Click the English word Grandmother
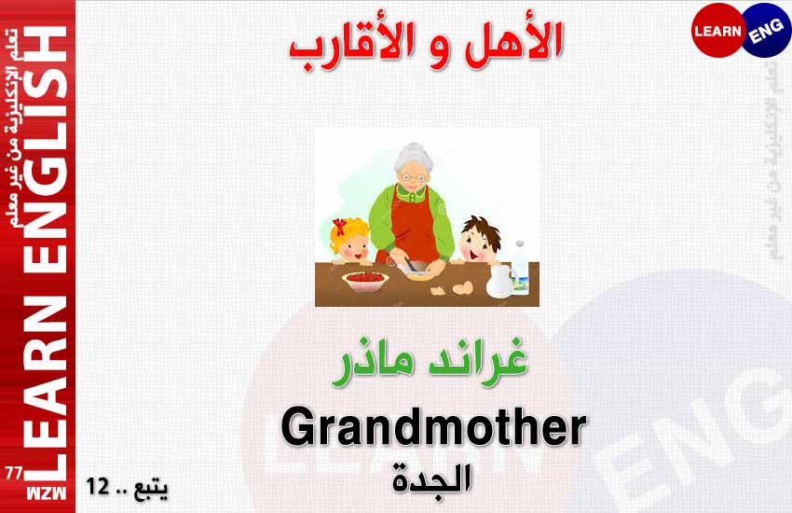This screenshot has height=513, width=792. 433,428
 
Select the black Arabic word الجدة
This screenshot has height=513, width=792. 431,480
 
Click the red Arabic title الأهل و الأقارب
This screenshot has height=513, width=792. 426,46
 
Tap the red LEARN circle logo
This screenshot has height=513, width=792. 717,31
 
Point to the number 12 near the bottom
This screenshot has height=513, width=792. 98,486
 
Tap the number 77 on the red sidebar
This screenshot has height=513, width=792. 14,473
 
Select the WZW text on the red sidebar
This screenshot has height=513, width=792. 46,493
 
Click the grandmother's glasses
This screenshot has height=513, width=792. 413,177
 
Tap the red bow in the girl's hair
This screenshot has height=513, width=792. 339,227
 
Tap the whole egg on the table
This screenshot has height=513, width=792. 463,288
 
